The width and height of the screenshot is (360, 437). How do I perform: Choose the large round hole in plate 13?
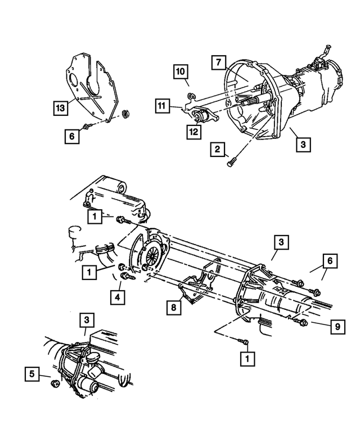pos(72,80)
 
